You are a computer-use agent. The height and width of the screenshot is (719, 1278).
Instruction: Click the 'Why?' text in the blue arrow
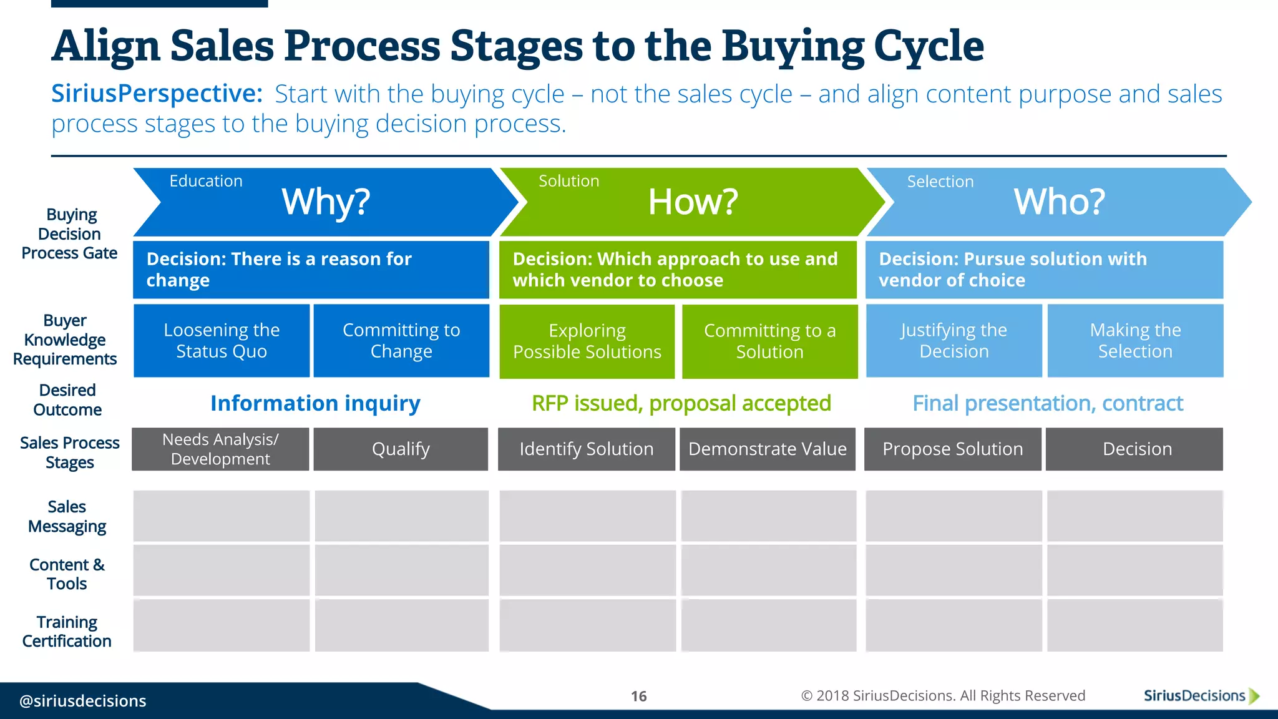(326, 202)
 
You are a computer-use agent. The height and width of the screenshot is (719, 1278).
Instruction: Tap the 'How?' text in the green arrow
(693, 202)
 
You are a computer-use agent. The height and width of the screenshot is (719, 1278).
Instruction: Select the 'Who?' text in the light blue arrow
(1059, 202)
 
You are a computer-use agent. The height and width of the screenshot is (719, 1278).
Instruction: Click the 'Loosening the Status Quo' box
(222, 341)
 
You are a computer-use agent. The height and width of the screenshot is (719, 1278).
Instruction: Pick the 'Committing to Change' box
(401, 341)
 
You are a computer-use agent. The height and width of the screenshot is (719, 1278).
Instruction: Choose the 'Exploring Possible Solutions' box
(587, 341)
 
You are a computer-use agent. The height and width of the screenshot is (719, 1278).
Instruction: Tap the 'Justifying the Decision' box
(954, 341)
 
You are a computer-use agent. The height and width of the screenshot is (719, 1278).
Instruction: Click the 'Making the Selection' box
(1135, 341)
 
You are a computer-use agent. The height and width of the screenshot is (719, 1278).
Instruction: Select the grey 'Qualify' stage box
(401, 449)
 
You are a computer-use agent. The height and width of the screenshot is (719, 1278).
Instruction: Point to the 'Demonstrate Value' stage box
(768, 449)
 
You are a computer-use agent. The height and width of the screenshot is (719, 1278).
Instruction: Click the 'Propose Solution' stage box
(952, 449)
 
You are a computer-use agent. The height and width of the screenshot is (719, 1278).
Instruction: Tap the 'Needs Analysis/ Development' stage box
(220, 449)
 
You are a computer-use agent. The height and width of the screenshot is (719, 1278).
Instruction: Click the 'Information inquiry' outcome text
(315, 403)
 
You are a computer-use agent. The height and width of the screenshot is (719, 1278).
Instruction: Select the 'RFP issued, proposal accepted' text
(681, 403)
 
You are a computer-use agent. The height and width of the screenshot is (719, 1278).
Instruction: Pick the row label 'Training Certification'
(67, 632)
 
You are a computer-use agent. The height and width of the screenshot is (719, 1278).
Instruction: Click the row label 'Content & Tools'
(67, 574)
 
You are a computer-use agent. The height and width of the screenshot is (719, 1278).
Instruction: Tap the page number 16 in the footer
(638, 697)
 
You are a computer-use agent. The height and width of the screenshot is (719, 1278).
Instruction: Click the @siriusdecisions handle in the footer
(83, 701)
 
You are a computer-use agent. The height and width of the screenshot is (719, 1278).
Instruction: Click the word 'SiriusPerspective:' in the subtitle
(157, 94)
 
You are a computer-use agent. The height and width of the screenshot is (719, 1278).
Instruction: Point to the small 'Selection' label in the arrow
(940, 182)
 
